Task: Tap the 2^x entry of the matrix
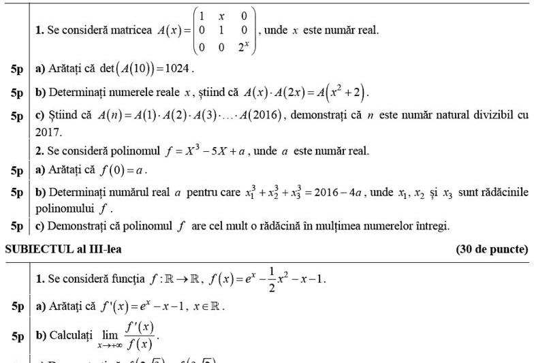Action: pos(240,48)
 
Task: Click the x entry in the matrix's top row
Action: pos(221,15)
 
